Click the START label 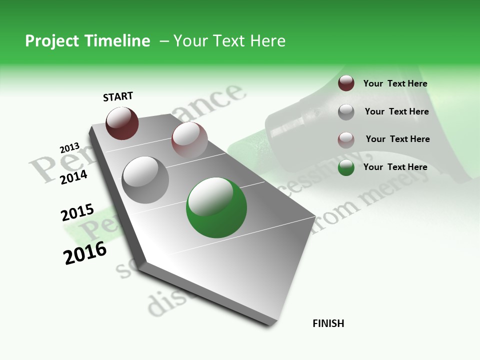(118, 96)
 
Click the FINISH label (328, 323)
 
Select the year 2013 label (69, 148)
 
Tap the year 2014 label (73, 177)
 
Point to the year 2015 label (77, 213)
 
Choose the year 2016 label (85, 253)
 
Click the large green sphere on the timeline (216, 207)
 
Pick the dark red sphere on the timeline (122, 123)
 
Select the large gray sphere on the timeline (145, 180)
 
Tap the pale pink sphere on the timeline (189, 140)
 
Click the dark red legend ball (346, 83)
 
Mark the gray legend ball (346, 111)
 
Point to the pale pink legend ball (346, 139)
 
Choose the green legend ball (346, 167)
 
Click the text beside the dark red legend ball (395, 84)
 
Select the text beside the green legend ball (395, 167)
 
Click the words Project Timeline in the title (87, 41)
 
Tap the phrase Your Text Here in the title (229, 41)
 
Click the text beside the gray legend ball (396, 111)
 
